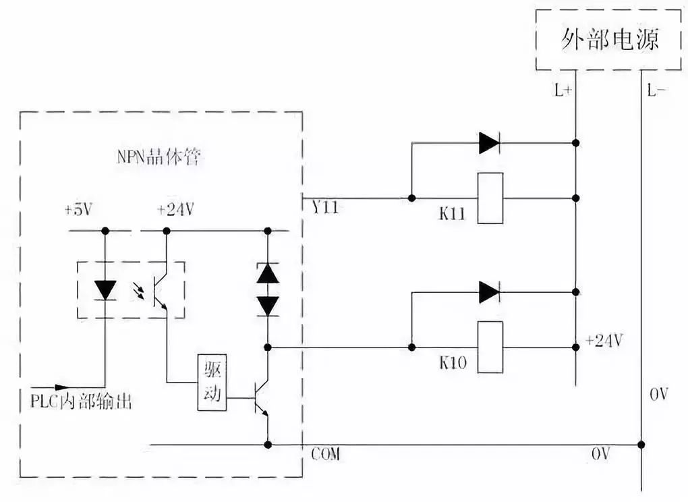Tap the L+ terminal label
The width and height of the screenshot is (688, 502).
[563, 90]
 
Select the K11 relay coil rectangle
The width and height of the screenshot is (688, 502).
[490, 198]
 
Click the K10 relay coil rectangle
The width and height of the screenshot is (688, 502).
[490, 347]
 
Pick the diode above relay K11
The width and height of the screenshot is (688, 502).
[489, 143]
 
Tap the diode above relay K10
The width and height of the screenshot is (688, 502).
[489, 292]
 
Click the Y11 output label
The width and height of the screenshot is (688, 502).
[325, 207]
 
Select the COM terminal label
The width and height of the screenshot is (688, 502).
[326, 454]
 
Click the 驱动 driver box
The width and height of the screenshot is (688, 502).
[212, 382]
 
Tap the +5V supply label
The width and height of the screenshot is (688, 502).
[80, 209]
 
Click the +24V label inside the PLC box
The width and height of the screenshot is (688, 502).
[175, 209]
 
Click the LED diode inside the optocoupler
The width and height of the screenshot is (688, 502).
[105, 289]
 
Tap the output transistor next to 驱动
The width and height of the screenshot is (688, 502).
[262, 398]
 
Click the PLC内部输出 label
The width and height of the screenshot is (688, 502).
[80, 401]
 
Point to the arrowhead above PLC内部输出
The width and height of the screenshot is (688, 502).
[61, 387]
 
